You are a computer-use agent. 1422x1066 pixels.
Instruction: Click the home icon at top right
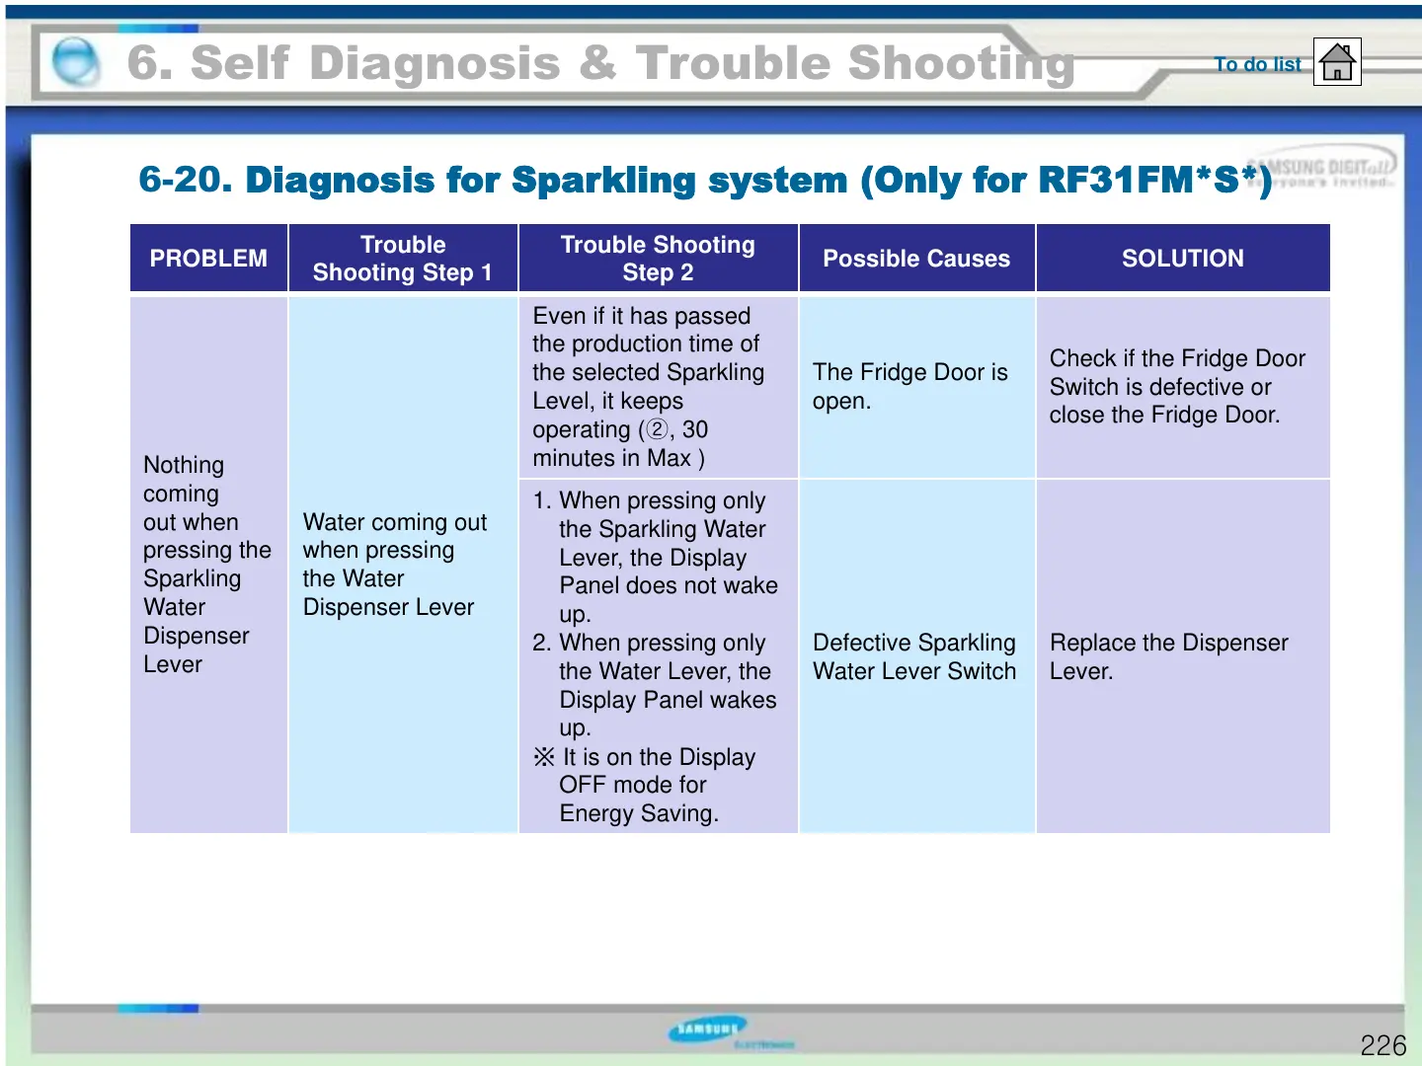pos(1337,62)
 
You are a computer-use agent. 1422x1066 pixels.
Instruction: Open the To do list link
pos(1257,64)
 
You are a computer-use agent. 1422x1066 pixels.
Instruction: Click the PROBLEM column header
pos(208,259)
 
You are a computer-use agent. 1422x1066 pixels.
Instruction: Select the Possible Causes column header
pos(916,259)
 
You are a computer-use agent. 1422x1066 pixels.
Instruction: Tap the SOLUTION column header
pos(1182,259)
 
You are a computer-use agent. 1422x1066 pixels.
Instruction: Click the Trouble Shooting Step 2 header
pos(658,259)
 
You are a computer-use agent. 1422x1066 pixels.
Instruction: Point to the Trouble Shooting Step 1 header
pos(403,259)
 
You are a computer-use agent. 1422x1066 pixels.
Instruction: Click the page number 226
pos(1382,1045)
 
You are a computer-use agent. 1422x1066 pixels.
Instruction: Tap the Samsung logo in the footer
pos(707,1029)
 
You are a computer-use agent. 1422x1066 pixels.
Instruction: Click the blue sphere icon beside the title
pos(75,62)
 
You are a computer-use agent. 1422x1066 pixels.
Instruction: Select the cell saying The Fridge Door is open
pos(909,386)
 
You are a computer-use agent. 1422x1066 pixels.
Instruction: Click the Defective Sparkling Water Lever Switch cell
pos(913,656)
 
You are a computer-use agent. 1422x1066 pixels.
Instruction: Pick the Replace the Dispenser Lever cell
pos(1168,656)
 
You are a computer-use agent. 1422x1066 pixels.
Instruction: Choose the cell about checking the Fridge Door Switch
pos(1177,386)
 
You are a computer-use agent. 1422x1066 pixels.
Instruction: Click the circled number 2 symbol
pos(657,430)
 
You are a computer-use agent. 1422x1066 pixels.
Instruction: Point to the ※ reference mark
pos(544,757)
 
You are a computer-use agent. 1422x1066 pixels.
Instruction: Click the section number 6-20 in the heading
pos(185,180)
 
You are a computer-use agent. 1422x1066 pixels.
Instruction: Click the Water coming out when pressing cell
pos(395,564)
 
